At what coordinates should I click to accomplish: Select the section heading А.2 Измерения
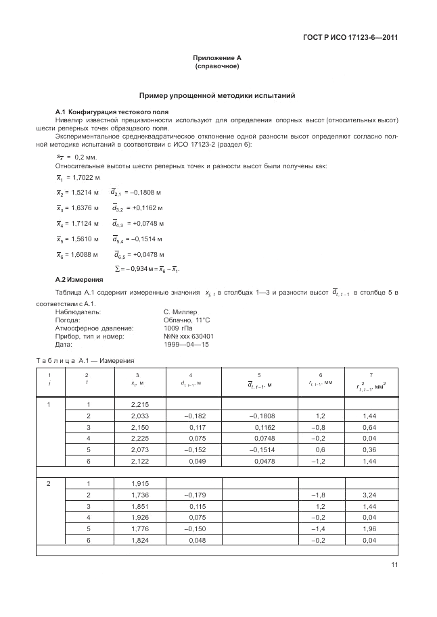point(78,279)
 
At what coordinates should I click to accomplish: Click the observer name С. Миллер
point(180,312)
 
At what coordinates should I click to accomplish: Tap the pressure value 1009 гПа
point(177,328)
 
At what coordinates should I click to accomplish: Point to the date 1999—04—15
point(187,343)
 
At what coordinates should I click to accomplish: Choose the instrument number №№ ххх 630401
point(189,336)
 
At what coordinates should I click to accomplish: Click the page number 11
point(394,565)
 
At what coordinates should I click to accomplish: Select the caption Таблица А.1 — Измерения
point(85,361)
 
